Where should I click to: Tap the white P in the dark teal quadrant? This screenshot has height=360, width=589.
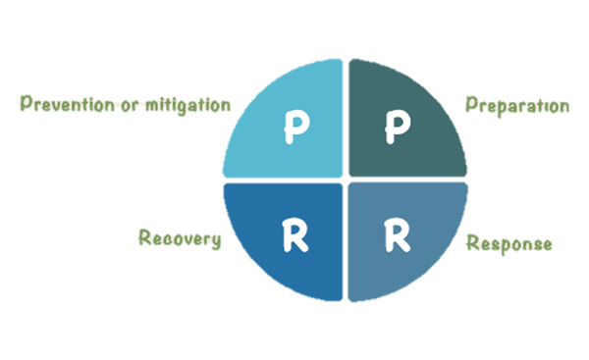[395, 125]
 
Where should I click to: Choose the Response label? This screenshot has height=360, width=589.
[508, 242]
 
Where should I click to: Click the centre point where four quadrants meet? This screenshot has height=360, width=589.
[345, 180]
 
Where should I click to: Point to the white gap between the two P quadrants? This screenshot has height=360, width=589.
[345, 118]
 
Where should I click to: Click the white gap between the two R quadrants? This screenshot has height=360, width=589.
[345, 245]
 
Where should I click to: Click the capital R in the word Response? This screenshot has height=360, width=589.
[470, 242]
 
